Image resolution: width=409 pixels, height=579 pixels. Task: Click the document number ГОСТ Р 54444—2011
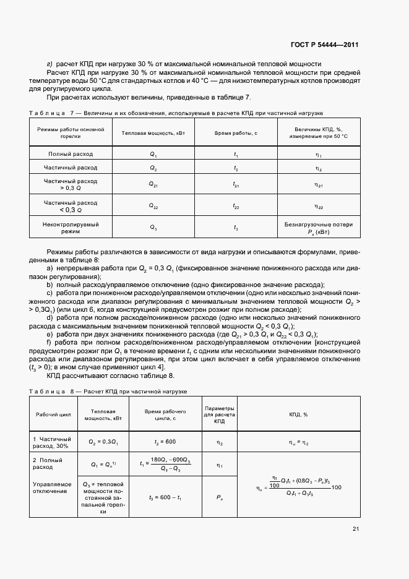[x=325, y=45]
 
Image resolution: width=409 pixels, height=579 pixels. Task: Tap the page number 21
[x=355, y=528]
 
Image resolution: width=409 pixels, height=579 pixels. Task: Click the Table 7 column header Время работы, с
[x=236, y=133]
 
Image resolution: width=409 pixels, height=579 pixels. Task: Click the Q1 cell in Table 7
[x=153, y=153]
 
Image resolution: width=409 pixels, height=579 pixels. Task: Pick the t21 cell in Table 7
[x=236, y=184]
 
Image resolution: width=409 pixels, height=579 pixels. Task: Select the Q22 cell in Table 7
[x=153, y=206]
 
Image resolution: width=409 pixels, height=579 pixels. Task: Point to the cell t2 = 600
[x=165, y=442]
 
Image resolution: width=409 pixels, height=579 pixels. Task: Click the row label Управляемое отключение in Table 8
[x=52, y=487]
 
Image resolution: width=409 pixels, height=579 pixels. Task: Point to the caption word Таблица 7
[x=51, y=113]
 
